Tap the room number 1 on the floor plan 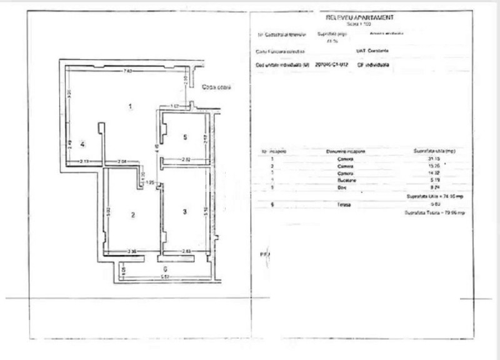pyautogui.click(x=129, y=107)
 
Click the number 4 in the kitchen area pyautogui.click(x=82, y=144)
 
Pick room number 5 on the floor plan pyautogui.click(x=185, y=136)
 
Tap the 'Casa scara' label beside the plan pyautogui.click(x=216, y=87)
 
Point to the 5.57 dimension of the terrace pyautogui.click(x=164, y=276)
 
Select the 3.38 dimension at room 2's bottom pyautogui.click(x=132, y=252)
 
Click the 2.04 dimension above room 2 pyautogui.click(x=122, y=162)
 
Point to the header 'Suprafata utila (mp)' pyautogui.click(x=435, y=151)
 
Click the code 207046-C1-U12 pyautogui.click(x=332, y=64)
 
